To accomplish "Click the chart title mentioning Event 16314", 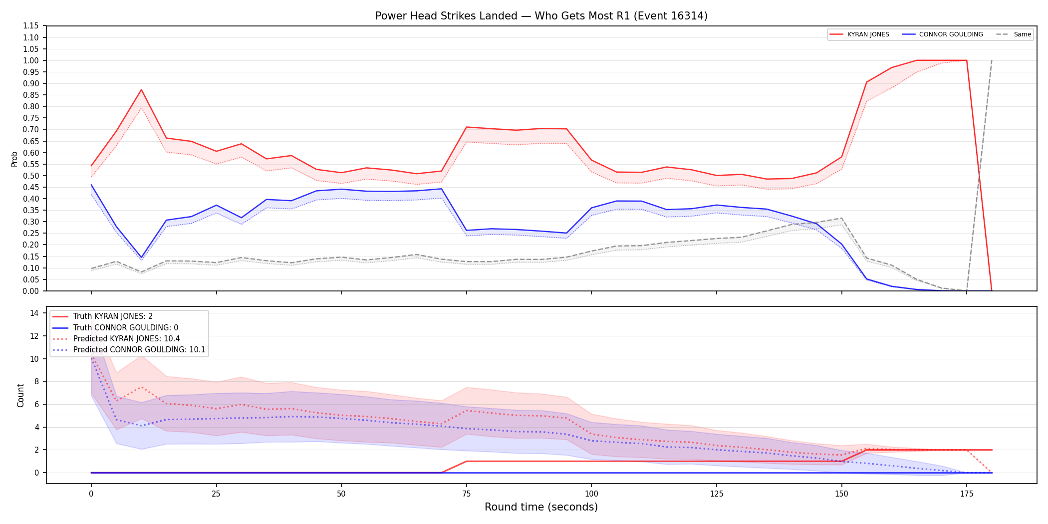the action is point(541,16).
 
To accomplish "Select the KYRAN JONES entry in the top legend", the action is point(859,34).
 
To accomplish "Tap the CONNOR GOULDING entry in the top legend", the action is point(943,34).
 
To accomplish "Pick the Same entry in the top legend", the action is point(1014,34).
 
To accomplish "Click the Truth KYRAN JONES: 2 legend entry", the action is point(103,316).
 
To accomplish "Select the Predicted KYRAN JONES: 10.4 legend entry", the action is point(116,339).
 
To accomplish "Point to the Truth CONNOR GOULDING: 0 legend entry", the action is point(115,328).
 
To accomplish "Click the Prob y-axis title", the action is point(14,159).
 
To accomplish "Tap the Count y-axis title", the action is point(20,395).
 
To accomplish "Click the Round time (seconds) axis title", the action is point(541,507).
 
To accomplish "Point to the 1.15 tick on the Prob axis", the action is point(30,26).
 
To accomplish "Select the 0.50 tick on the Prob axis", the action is point(30,176).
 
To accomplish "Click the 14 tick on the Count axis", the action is point(34,313).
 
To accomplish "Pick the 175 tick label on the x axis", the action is point(967,494).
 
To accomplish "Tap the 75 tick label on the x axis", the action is point(467,494).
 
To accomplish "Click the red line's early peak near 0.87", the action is point(141,90).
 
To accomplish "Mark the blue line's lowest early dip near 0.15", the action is point(141,258).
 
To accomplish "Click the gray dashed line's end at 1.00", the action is point(992,60).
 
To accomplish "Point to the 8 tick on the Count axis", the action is point(36,382).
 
